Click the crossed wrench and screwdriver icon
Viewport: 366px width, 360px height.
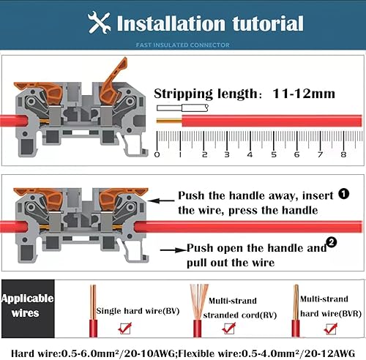[x=99, y=22]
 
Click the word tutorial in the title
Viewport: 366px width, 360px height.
[x=268, y=23]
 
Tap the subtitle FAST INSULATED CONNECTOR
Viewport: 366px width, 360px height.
[x=183, y=45]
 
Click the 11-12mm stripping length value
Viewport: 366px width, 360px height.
[x=304, y=94]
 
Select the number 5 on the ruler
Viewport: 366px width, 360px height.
[x=274, y=154]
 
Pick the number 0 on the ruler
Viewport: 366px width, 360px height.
[x=157, y=154]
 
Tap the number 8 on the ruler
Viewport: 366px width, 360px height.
[x=343, y=154]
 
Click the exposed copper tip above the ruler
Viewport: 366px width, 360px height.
[x=169, y=121]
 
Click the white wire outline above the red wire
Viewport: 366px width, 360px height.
[x=182, y=108]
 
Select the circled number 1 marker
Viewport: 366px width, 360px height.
[x=343, y=194]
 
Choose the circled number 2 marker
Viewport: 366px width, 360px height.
[x=332, y=242]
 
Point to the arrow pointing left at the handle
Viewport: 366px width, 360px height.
[x=161, y=200]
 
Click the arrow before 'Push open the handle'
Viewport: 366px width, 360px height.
[x=173, y=250]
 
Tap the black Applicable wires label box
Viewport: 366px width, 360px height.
[x=28, y=309]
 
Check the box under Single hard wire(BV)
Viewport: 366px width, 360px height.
[x=125, y=329]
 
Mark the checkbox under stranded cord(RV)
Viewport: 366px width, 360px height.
[x=229, y=329]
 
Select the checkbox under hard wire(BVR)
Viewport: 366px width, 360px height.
[x=331, y=329]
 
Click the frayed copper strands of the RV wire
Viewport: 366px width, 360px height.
[x=199, y=301]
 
